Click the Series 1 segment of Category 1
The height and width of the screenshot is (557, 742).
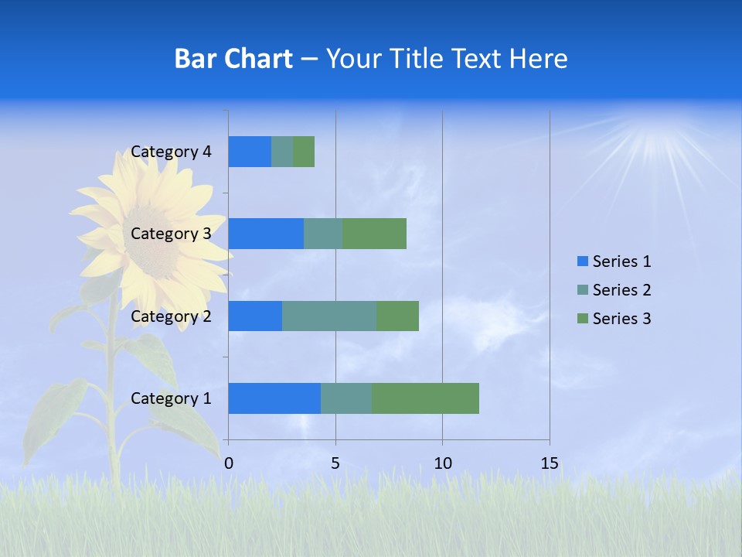(x=274, y=398)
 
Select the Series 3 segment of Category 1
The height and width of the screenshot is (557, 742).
(x=425, y=398)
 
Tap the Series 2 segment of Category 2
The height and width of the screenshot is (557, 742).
(x=329, y=316)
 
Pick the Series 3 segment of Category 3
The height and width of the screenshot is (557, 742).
(x=374, y=234)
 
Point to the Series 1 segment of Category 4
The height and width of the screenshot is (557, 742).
(x=250, y=152)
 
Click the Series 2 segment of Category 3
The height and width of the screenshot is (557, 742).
(x=323, y=234)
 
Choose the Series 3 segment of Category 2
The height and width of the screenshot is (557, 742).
(x=397, y=316)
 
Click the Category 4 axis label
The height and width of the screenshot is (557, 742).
(x=171, y=152)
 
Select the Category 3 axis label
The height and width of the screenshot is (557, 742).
(x=171, y=234)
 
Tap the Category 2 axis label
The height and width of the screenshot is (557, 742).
(x=171, y=316)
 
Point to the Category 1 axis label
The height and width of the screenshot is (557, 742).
(x=171, y=398)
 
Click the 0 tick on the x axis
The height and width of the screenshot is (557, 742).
(x=229, y=463)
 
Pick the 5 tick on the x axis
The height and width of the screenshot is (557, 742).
(x=335, y=463)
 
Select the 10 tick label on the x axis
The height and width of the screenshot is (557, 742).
(x=442, y=463)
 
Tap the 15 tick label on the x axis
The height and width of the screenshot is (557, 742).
(x=550, y=463)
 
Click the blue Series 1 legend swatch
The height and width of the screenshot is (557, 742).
(x=582, y=261)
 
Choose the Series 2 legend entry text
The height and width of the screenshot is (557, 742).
(x=621, y=290)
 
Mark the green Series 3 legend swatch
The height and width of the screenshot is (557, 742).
(x=582, y=319)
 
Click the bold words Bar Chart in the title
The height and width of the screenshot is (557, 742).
(x=233, y=59)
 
